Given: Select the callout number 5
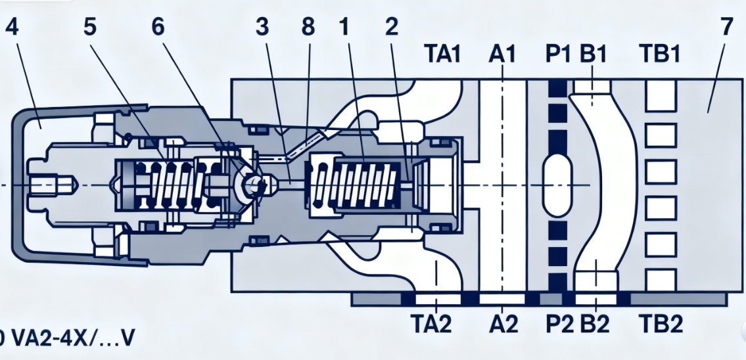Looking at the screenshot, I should pos(91,28).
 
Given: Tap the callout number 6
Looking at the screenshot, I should pos(158,28).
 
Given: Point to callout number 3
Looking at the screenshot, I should pos(262,28).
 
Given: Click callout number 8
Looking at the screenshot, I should pos(308,28).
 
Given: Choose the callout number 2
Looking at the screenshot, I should pos(392,28).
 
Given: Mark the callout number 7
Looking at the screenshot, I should pos(726,28).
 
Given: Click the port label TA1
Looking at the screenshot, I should pos(442,55).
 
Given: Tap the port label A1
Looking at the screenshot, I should pos(501,55).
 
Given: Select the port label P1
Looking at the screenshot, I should pos(557,55).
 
